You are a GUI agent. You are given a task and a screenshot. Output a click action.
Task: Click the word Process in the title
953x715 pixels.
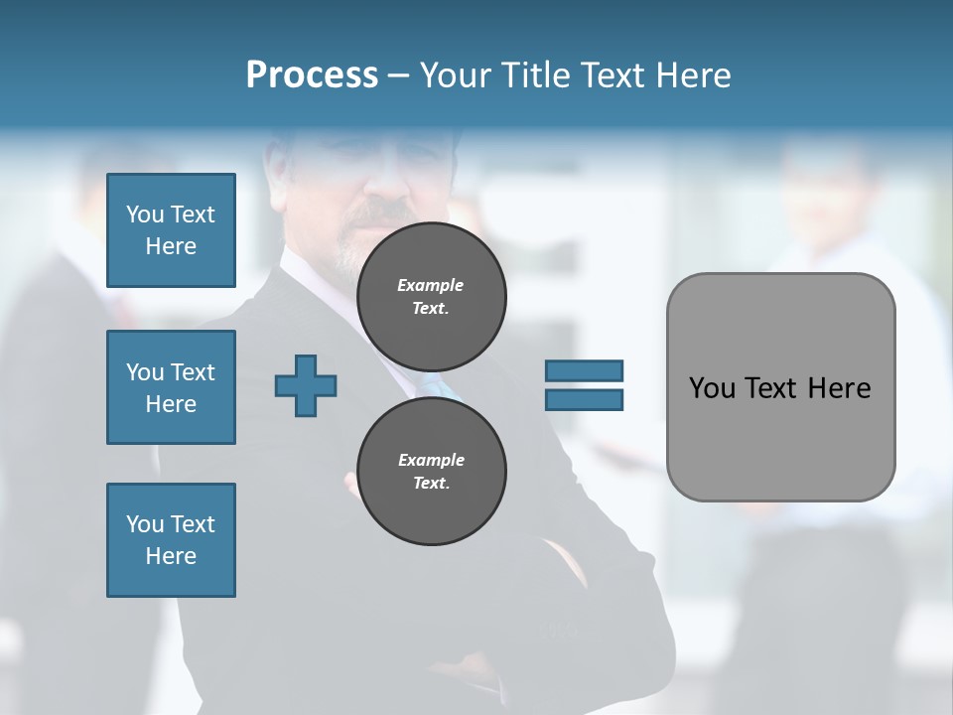312,75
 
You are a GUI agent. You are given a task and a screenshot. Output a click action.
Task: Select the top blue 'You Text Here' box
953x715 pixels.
171,230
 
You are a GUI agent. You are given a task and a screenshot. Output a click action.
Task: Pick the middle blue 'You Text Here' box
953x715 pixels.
171,387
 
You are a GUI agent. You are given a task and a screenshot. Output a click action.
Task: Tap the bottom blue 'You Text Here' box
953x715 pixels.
171,540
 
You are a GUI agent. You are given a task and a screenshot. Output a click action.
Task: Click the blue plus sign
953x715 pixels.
306,385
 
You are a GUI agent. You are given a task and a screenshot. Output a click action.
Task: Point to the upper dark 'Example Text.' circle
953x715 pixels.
431,297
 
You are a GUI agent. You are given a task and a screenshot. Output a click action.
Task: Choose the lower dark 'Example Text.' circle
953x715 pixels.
431,472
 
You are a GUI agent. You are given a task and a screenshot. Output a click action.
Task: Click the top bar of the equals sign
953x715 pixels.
584,370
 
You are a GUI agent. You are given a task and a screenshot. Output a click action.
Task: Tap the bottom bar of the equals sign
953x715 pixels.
584,399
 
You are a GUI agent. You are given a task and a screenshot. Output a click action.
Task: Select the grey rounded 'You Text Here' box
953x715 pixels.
780,387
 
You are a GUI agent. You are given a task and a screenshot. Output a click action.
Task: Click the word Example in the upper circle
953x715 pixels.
431,285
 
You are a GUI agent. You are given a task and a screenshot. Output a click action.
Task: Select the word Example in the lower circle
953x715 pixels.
431,460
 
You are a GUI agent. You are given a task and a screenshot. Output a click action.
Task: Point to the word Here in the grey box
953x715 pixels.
839,388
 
